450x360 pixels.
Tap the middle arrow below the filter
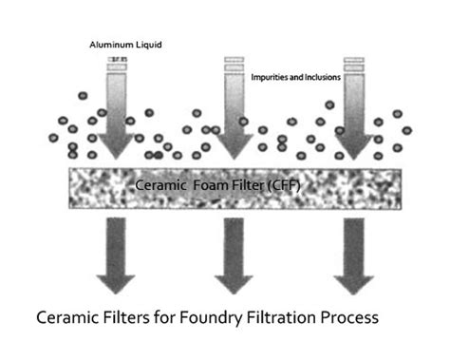tap(234, 255)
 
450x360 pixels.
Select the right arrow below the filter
tap(353, 255)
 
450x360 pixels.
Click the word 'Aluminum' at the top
tap(104, 45)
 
